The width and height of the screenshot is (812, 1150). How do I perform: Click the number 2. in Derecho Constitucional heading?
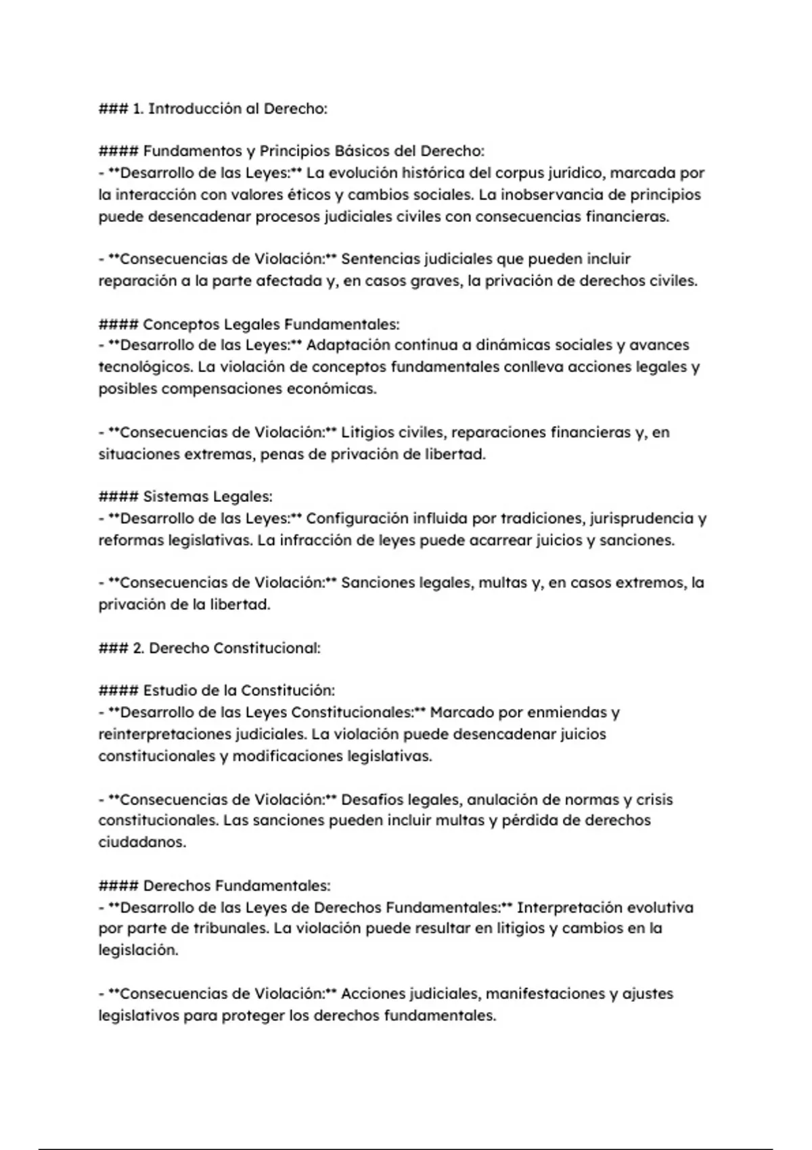(x=138, y=648)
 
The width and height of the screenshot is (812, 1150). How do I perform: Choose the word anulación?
(x=502, y=800)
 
